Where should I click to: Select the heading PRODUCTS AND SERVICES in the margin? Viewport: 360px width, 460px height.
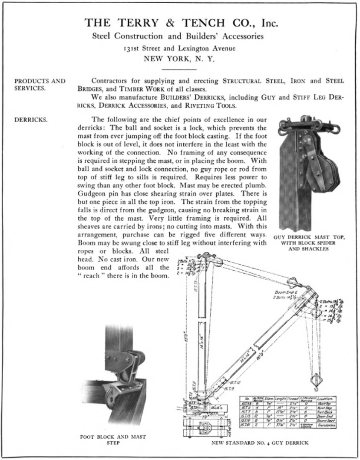point(40,84)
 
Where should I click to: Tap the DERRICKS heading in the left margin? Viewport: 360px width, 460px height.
point(31,120)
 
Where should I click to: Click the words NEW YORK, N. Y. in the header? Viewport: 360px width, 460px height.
point(179,58)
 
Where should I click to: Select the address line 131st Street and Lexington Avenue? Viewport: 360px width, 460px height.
point(179,48)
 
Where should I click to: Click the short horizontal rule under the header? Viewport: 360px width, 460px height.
point(179,69)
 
